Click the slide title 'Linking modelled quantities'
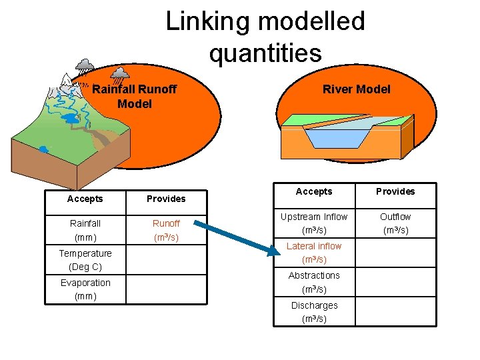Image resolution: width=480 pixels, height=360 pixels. point(265,37)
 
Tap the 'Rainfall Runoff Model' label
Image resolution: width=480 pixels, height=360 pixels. point(134,96)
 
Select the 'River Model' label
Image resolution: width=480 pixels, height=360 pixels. point(356,89)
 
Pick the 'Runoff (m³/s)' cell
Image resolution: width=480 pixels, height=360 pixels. point(166,231)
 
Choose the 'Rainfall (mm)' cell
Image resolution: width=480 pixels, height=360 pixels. point(85,231)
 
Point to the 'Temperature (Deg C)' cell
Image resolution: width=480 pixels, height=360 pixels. point(85,260)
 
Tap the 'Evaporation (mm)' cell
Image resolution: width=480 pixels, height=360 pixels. point(85,289)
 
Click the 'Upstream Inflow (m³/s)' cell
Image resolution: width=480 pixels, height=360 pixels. point(314,223)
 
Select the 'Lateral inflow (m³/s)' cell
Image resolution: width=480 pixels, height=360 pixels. point(314,253)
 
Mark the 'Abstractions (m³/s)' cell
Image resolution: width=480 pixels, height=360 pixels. point(314,282)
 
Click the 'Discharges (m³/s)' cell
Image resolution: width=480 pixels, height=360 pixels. point(314,311)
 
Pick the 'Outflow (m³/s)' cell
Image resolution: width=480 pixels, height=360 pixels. point(395,223)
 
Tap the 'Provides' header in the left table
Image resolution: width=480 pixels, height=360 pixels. point(166,199)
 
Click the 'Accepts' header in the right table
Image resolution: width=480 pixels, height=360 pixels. point(314,191)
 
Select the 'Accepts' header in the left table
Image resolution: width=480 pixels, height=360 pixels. point(85,199)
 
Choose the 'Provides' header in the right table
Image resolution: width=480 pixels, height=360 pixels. point(395,191)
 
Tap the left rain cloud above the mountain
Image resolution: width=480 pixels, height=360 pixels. point(85,65)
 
